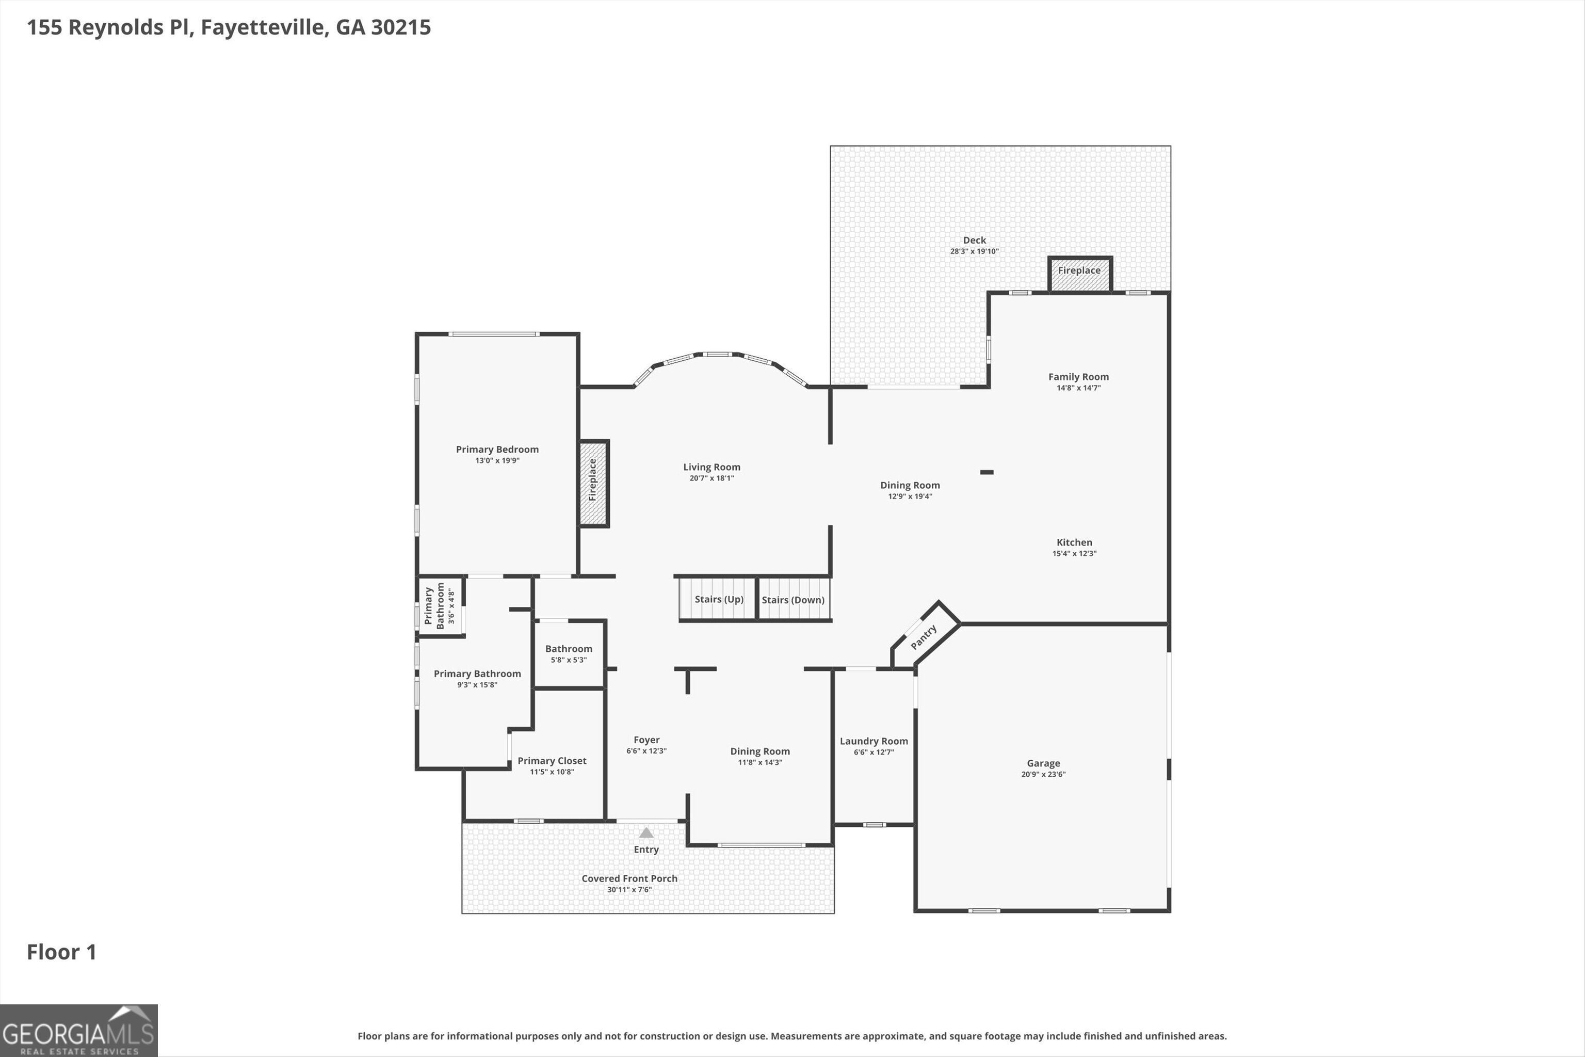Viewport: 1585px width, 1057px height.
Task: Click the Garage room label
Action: [x=1043, y=763]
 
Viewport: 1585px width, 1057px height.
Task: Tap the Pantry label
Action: [x=923, y=637]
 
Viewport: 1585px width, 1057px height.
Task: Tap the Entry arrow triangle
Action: [x=646, y=832]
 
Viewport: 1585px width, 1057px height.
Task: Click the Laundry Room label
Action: [x=874, y=741]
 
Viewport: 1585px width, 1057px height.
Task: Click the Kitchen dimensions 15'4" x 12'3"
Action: [x=1074, y=553]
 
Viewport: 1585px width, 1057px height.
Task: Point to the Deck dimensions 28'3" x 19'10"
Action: [x=975, y=251]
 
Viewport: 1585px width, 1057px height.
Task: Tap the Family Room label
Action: [x=1078, y=377]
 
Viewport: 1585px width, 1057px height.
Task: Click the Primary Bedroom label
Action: [x=497, y=450]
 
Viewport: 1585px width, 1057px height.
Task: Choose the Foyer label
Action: [x=646, y=740]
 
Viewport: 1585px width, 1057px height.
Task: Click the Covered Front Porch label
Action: [x=629, y=878]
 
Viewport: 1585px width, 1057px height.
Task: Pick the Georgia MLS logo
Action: [x=79, y=1031]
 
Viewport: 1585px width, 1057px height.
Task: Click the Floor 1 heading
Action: [x=61, y=952]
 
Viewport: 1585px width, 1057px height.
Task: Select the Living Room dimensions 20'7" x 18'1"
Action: [x=711, y=478]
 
